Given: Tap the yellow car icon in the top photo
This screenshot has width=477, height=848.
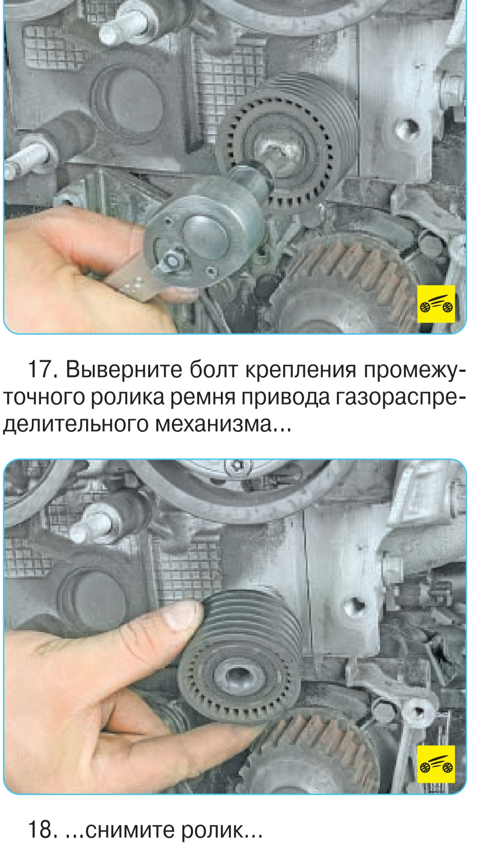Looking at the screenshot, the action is pos(436,304).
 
